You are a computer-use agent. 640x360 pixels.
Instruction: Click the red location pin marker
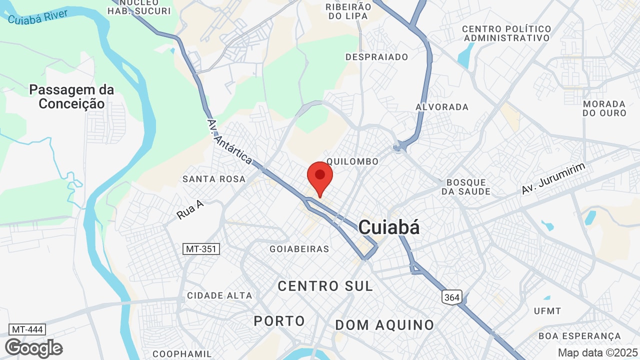click(320, 177)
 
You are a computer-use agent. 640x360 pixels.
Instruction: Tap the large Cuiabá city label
click(389, 227)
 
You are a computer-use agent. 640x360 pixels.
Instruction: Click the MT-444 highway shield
click(27, 329)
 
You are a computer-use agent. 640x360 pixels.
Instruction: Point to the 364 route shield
click(451, 297)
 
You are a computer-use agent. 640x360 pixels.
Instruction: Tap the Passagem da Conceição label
click(71, 97)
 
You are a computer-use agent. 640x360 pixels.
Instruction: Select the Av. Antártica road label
click(229, 142)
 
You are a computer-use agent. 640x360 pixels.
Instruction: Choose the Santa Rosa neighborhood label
click(214, 179)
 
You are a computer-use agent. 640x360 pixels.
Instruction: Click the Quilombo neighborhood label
click(352, 161)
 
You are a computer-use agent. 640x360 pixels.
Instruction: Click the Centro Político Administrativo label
click(506, 33)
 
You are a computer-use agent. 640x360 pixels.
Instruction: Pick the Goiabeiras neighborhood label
click(299, 249)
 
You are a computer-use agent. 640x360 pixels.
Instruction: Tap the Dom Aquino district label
click(384, 325)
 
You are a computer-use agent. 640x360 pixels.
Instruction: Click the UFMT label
click(547, 311)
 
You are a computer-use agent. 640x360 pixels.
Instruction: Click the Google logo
click(33, 348)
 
